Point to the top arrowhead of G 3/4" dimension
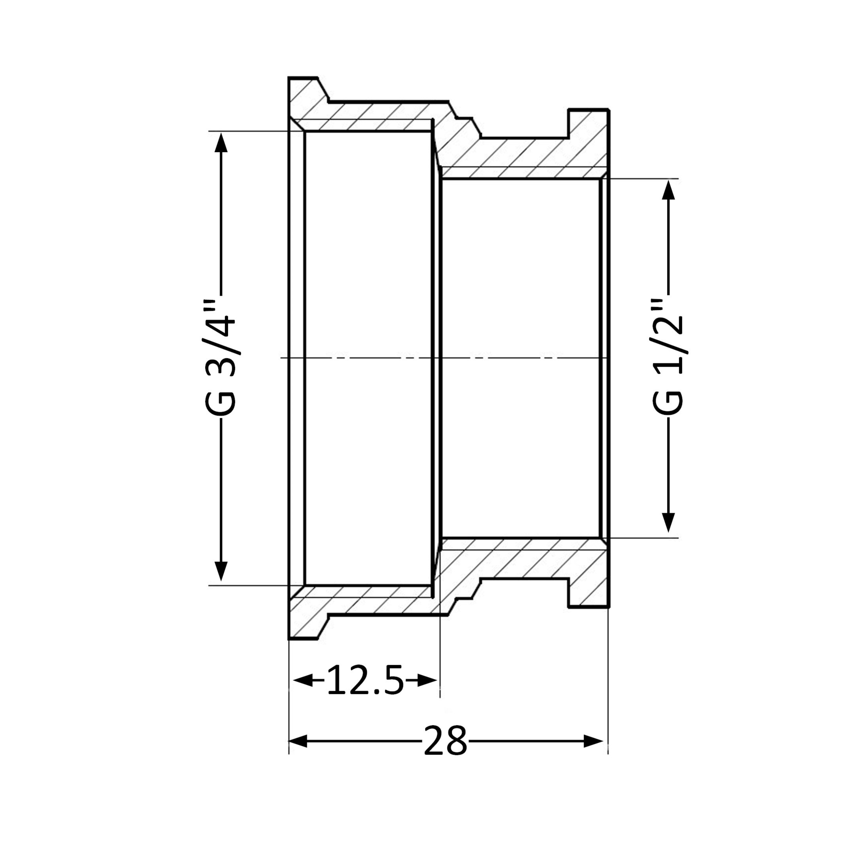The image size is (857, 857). tap(221, 142)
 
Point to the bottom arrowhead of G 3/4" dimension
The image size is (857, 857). tap(221, 571)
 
